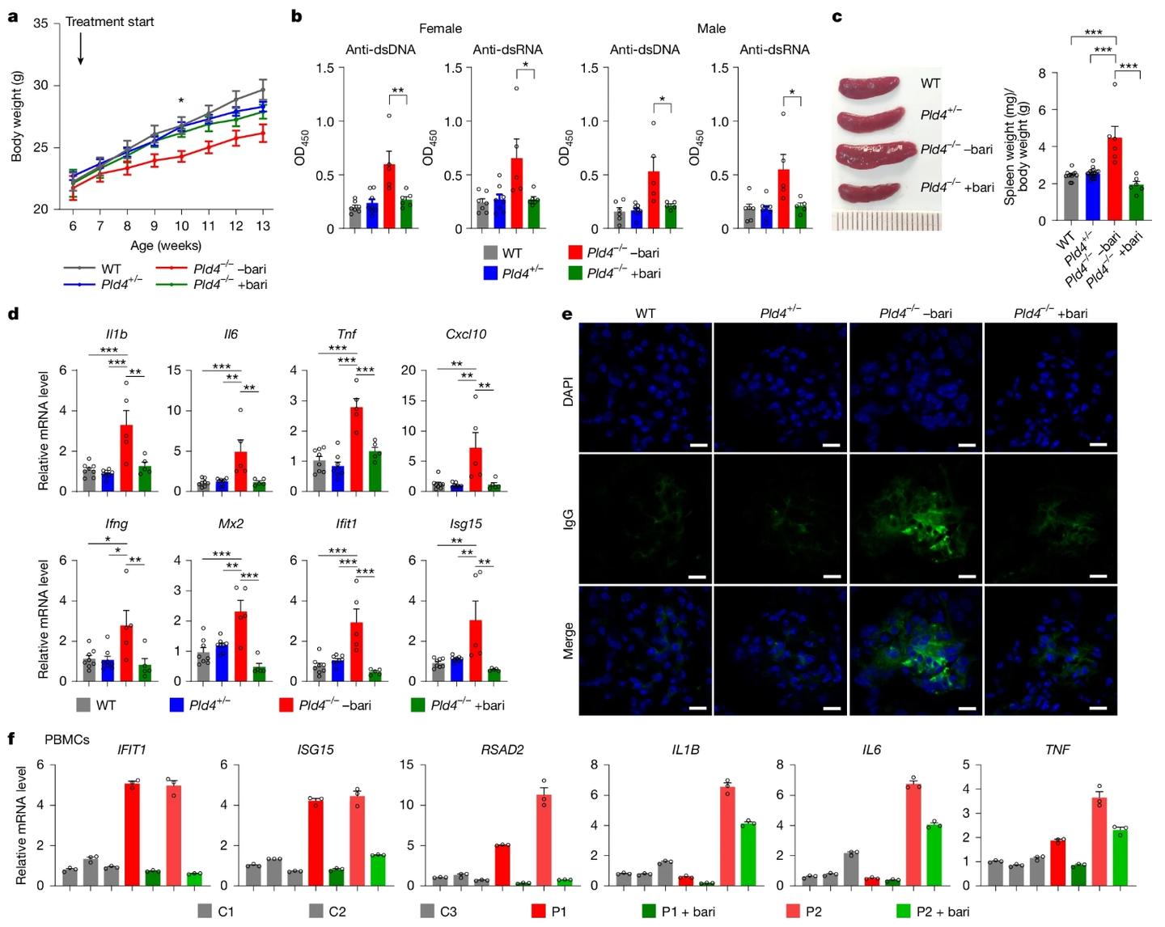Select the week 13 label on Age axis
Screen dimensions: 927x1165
262,226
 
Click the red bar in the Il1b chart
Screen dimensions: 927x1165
126,458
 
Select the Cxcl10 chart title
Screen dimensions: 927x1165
465,334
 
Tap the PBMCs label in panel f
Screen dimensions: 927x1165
67,739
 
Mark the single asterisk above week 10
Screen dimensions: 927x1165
181,102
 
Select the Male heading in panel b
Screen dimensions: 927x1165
711,28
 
